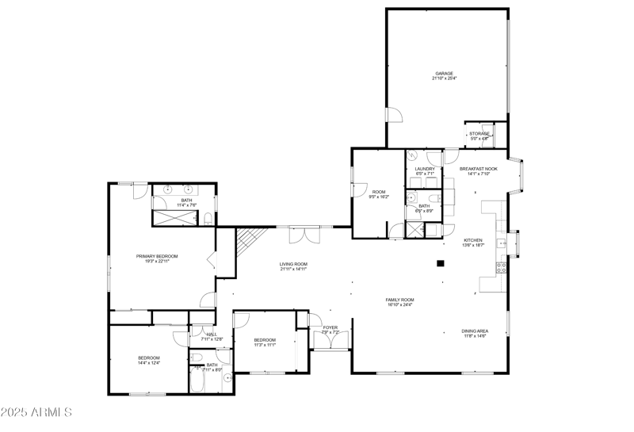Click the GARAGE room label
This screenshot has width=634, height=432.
click(x=443, y=73)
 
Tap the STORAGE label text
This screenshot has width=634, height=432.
click(x=479, y=134)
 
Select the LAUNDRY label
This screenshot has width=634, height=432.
click(x=424, y=169)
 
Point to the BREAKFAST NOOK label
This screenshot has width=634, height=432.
click(x=478, y=169)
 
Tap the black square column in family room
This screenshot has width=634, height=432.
click(x=440, y=264)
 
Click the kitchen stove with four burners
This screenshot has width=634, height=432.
click(x=501, y=266)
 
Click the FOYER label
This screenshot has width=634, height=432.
click(x=330, y=327)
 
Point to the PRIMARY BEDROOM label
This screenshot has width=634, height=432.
click(x=156, y=256)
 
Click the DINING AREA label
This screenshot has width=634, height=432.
click(x=475, y=331)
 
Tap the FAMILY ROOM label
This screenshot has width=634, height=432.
click(x=399, y=299)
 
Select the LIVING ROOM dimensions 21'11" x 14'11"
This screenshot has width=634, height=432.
click(x=292, y=270)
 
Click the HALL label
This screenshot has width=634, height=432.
click(x=212, y=335)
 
